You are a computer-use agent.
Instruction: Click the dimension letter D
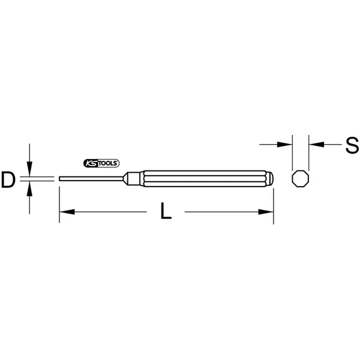[8, 180]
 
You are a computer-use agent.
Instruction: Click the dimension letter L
[166, 211]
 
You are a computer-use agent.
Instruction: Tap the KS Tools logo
[101, 163]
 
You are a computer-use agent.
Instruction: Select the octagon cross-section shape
[301, 179]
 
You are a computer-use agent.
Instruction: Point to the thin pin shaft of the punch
[91, 179]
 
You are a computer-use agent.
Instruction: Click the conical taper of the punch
[125, 179]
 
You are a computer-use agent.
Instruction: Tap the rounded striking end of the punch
[270, 179]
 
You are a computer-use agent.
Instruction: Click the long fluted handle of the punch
[205, 179]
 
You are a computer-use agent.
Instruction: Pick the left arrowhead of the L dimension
[67, 212]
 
